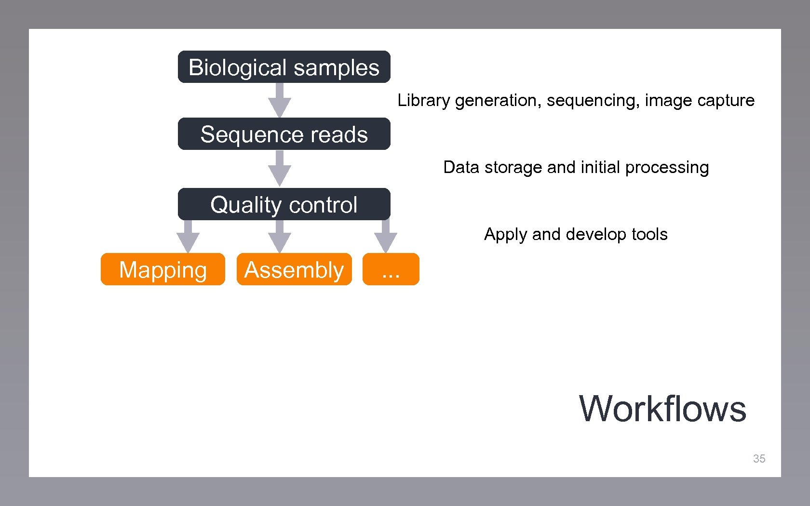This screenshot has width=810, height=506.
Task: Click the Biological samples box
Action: (x=284, y=67)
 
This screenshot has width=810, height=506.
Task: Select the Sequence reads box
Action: (x=284, y=134)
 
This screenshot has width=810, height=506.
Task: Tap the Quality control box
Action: (x=284, y=204)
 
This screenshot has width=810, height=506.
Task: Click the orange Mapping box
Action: (x=163, y=269)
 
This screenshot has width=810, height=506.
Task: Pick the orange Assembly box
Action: (x=294, y=269)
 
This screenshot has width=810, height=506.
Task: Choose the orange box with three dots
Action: (x=391, y=269)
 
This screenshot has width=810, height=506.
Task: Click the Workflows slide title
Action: (x=662, y=409)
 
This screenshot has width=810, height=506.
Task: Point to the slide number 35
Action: (x=759, y=459)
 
